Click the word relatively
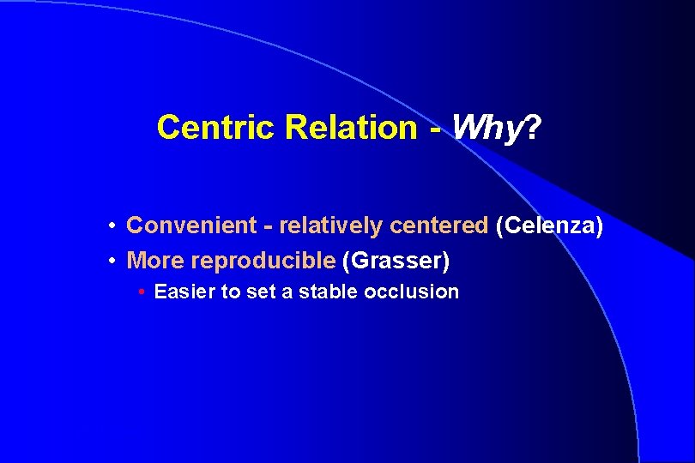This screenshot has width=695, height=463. coord(331,225)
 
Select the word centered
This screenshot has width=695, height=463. coord(438,225)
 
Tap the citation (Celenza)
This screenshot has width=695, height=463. coord(549,225)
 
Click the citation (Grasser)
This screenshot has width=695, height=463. coord(396,259)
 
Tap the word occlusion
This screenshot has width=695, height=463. coord(411,292)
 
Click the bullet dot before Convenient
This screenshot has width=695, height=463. coord(112,226)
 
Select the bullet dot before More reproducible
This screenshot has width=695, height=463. coord(112,260)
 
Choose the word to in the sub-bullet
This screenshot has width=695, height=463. coord(231,292)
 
